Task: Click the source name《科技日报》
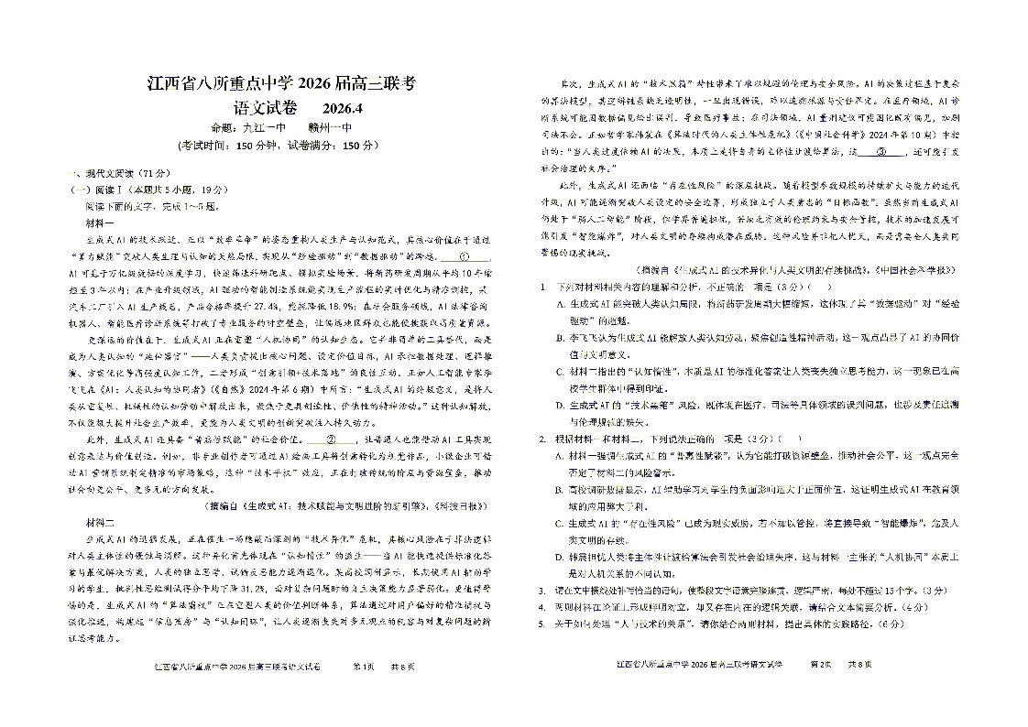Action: click(458, 505)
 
